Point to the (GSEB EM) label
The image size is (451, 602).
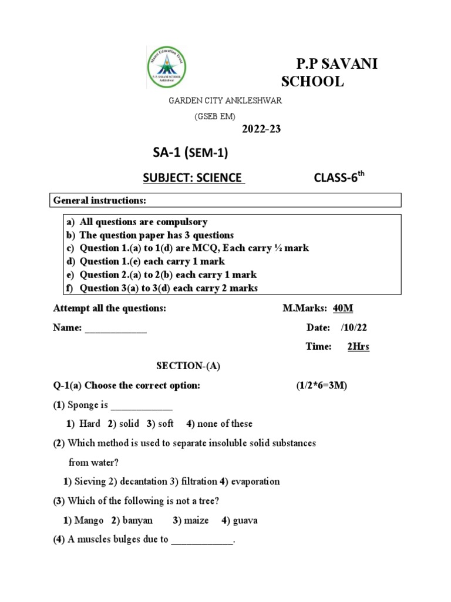click(215, 116)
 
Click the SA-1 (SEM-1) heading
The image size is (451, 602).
click(190, 153)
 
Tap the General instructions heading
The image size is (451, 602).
click(99, 201)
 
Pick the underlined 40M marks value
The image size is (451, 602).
click(343, 308)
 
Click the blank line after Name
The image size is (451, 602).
click(116, 328)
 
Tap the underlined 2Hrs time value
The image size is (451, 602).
click(358, 347)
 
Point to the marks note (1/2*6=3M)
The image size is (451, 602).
click(322, 385)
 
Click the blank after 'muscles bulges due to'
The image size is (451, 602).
click(202, 540)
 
